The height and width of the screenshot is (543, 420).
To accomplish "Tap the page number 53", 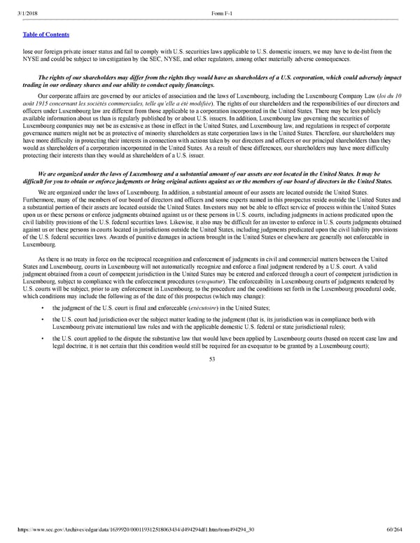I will click(x=210, y=360).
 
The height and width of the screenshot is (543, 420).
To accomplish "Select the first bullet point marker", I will click(x=44, y=309).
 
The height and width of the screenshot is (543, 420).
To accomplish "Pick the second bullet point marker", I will click(x=44, y=320).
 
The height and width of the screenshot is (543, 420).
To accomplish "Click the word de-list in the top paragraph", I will click(x=363, y=51).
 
